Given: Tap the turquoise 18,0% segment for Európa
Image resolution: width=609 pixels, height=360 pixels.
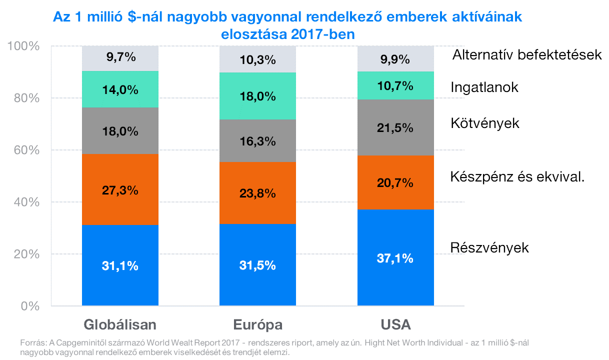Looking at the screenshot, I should (x=258, y=96).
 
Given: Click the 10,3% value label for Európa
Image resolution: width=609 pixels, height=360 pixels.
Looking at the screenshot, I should (x=258, y=60).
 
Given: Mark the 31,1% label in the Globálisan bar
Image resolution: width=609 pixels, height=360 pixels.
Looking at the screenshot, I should (x=120, y=266).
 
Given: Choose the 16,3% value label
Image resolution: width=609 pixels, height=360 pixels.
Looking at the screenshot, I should (x=258, y=141).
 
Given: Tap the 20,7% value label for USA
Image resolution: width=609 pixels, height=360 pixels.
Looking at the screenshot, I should (x=395, y=182).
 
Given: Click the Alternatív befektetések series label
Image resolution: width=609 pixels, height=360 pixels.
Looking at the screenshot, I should (x=527, y=54).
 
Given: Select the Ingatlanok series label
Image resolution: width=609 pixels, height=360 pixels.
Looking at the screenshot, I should (x=484, y=87).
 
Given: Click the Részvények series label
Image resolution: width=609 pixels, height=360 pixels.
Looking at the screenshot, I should (x=489, y=247).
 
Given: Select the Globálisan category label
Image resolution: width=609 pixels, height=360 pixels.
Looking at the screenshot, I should (x=120, y=324).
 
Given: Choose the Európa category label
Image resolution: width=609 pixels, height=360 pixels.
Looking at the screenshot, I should (x=258, y=325).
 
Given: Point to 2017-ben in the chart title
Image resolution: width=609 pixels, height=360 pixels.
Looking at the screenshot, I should (x=323, y=34).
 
